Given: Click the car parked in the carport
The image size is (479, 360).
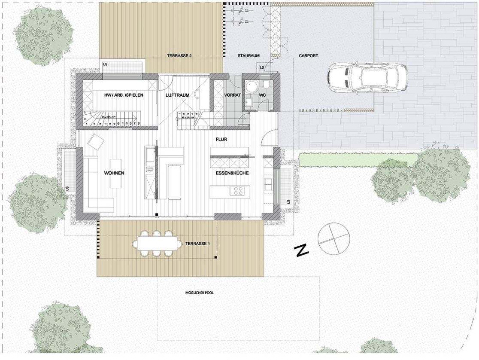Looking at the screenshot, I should coord(367,77).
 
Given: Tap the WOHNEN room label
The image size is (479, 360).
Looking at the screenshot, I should coord(114,173).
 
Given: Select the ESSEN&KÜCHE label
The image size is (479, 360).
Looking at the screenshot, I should coord(232,173).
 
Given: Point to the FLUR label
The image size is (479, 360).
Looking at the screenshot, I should coord(221,139).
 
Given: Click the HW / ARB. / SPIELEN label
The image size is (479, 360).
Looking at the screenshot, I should coord(124,95).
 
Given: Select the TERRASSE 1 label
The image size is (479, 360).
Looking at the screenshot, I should coord(197,244).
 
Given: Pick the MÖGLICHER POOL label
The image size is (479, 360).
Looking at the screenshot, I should coord(197,293).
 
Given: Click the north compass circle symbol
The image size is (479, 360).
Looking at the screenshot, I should coord(334,238).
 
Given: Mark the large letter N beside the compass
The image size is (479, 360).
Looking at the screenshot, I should coord(303,251).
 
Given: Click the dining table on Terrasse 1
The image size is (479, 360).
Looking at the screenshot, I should coord(157,244).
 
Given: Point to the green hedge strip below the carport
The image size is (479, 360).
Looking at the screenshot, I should coord(356,159).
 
